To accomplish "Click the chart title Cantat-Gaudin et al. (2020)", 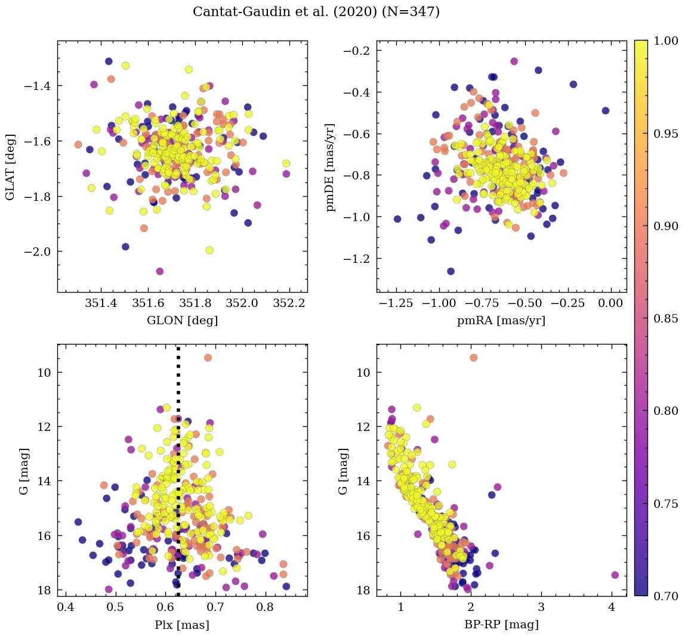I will (x=316, y=12).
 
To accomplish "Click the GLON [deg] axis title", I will (x=182, y=321).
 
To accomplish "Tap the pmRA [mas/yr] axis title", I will (x=501, y=321).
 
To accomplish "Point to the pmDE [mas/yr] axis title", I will (x=330, y=167).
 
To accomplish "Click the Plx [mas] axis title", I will (x=182, y=625).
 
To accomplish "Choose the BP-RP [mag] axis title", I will (x=501, y=625).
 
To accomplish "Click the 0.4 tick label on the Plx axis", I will (x=66, y=609).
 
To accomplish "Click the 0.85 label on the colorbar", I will (x=665, y=318).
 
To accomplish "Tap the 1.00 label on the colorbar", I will (x=665, y=41).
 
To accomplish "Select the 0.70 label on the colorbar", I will (x=665, y=596).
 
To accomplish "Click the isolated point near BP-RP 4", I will (x=615, y=575).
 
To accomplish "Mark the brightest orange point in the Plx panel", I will (x=208, y=358).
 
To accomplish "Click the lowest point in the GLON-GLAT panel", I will (x=159, y=271).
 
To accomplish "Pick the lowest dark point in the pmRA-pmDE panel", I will (x=451, y=271).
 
